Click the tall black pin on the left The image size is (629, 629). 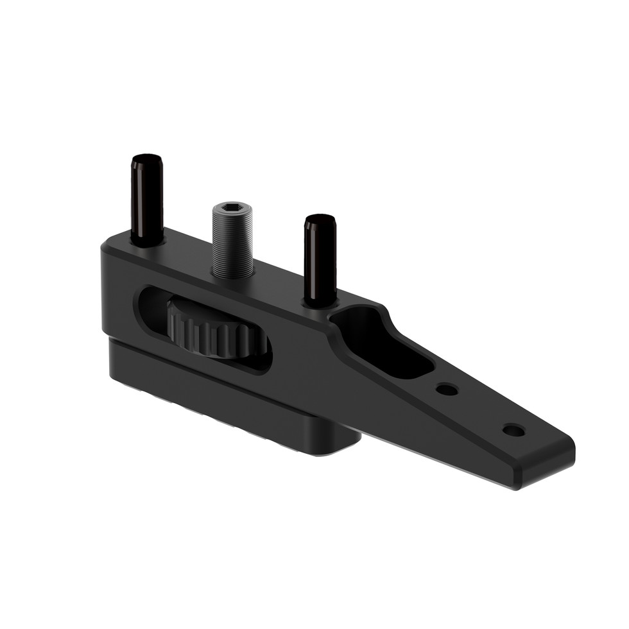147,199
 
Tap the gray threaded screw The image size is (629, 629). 232,247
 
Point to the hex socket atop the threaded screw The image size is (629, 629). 232,209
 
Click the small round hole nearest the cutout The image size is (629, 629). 447,389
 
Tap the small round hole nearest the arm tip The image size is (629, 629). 513,430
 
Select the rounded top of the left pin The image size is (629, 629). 147,159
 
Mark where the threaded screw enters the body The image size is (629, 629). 232,275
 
